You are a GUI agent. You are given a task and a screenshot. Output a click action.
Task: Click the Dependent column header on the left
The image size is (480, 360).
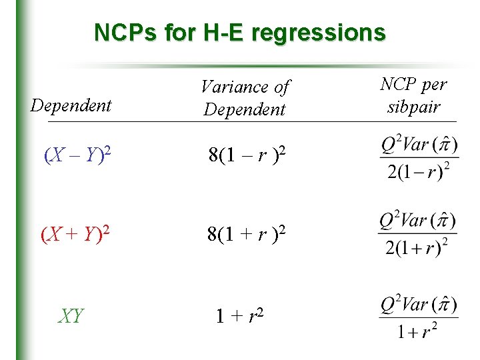pos(71,105)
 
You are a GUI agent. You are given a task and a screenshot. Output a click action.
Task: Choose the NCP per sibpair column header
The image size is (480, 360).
pos(413,95)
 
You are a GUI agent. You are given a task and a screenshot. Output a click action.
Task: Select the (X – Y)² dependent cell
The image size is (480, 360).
pos(77,156)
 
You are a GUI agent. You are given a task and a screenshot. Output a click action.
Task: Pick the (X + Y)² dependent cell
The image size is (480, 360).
pos(76,235)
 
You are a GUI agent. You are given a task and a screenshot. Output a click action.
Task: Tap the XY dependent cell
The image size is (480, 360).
pos(71,315)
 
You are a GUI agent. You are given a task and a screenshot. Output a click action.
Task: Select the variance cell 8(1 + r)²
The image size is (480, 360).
pos(247,234)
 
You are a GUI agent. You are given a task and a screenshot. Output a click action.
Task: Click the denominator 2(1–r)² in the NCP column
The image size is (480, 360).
pos(418,172)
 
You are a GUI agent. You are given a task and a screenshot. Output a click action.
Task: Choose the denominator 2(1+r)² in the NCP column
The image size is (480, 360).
pos(418,248)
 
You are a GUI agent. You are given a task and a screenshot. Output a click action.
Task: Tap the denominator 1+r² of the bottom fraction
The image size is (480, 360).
pos(418,331)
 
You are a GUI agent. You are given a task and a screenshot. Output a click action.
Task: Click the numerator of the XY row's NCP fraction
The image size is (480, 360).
pos(418,305)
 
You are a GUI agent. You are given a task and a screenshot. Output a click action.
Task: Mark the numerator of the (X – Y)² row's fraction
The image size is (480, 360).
pos(418,144)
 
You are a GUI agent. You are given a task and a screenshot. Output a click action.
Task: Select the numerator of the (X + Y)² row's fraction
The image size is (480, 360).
pos(418,221)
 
